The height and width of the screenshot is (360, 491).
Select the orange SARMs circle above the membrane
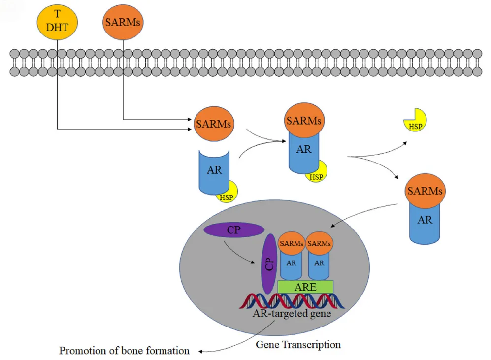tap(123, 22)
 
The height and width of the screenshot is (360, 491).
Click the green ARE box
tap(305, 287)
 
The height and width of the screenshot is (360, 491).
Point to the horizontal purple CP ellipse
tap(234, 229)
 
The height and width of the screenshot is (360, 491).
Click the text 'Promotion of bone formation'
tap(124, 351)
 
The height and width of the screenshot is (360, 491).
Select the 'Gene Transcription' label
tap(298, 344)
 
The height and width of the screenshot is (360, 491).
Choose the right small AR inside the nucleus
tap(319, 263)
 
